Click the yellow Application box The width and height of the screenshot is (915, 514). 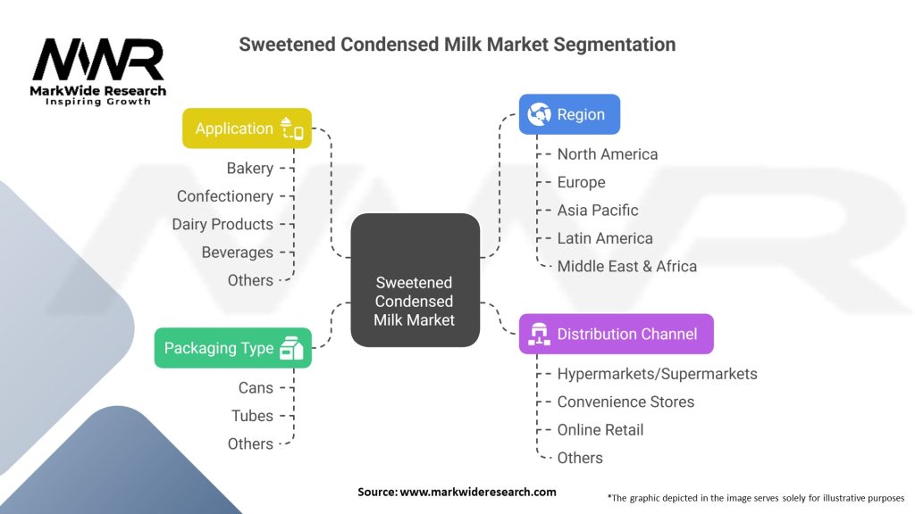pyautogui.click(x=247, y=128)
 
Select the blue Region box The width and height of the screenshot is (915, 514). pyautogui.click(x=569, y=114)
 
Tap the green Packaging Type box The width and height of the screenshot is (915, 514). pyautogui.click(x=233, y=348)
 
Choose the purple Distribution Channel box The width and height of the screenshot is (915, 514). pyautogui.click(x=617, y=334)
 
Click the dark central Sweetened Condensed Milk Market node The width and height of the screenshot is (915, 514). pyautogui.click(x=415, y=280)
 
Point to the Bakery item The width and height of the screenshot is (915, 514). pyautogui.click(x=250, y=169)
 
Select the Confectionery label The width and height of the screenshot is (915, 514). pyautogui.click(x=224, y=196)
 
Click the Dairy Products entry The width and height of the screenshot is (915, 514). pyautogui.click(x=222, y=224)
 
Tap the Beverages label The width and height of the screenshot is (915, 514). pyautogui.click(x=237, y=253)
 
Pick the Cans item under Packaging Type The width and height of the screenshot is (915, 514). pyautogui.click(x=256, y=387)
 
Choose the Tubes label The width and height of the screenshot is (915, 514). pyautogui.click(x=252, y=416)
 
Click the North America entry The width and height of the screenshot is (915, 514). pyautogui.click(x=608, y=153)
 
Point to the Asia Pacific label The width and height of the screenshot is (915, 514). pyautogui.click(x=598, y=210)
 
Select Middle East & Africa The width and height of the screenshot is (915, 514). pyautogui.click(x=627, y=266)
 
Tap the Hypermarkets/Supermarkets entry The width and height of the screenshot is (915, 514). pyautogui.click(x=657, y=374)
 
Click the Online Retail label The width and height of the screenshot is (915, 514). pyautogui.click(x=600, y=429)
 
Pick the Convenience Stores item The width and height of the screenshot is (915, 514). pyautogui.click(x=625, y=402)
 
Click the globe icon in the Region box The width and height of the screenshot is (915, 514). pyautogui.click(x=539, y=114)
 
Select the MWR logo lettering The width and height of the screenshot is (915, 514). pyautogui.click(x=98, y=60)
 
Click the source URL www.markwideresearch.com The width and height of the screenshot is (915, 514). pyautogui.click(x=478, y=492)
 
